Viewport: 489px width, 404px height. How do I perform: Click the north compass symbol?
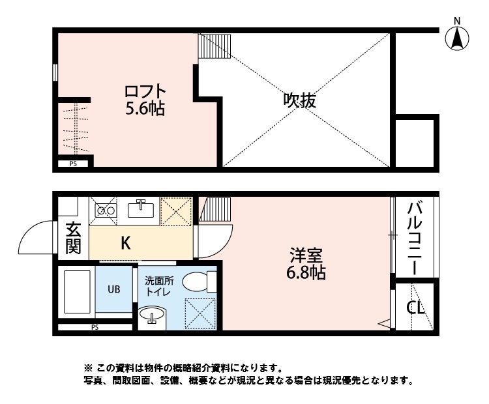click(x=458, y=38)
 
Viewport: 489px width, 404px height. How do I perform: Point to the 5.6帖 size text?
click(x=145, y=108)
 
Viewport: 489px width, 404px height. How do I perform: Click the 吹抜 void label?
click(x=301, y=101)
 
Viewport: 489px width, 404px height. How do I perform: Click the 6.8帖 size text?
click(x=306, y=273)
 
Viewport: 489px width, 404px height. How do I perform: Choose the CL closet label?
click(x=415, y=307)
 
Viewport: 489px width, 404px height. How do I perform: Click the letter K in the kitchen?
click(x=125, y=243)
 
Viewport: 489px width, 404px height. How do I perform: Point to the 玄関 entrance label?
click(x=72, y=239)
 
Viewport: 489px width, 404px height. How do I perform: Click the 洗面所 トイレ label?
click(x=158, y=287)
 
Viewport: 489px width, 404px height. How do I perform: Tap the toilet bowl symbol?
click(x=199, y=281)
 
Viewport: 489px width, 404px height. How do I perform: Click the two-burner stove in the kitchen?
click(x=105, y=210)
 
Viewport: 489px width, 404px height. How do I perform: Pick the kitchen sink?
click(x=140, y=210)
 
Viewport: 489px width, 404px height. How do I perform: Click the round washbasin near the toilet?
click(x=153, y=318)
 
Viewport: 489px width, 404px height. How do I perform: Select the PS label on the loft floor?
click(x=73, y=164)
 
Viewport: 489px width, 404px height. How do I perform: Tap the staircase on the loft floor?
click(x=215, y=48)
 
